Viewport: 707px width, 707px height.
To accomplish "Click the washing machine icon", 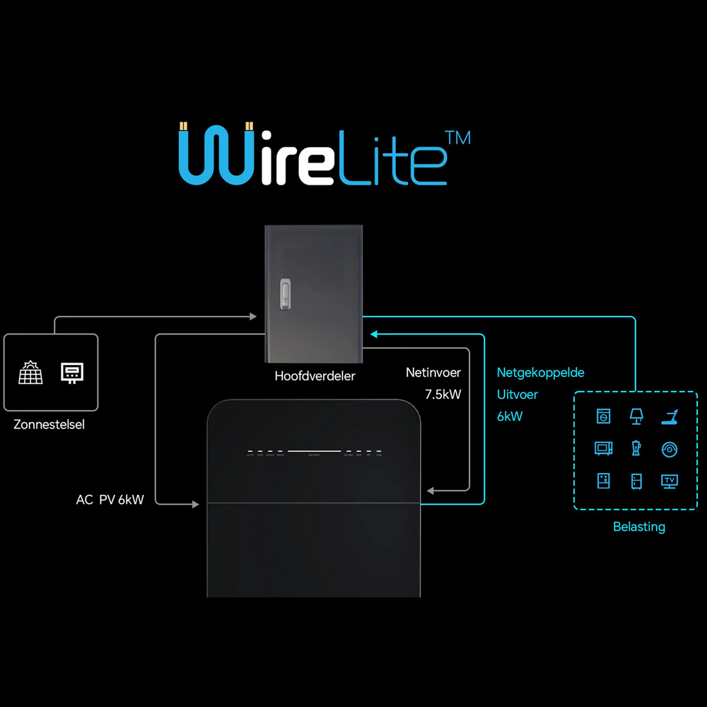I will (603, 416).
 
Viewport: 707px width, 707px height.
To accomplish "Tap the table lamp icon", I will (636, 416).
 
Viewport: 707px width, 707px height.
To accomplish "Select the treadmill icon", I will (670, 416).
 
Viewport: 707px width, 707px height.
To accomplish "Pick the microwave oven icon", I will (603, 449).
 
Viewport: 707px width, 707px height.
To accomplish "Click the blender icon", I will (636, 449).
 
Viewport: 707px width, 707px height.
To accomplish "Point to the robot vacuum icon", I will (670, 449).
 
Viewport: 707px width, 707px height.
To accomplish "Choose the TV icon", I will (670, 481).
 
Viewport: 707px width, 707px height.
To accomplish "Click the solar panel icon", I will (31, 373).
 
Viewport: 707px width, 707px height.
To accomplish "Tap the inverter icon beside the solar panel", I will (72, 373).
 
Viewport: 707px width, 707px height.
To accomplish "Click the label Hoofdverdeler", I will (315, 376).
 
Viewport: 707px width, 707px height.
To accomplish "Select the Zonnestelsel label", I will (49, 425).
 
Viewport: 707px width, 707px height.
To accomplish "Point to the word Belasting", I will (638, 527).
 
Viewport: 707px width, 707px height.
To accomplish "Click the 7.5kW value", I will (443, 395).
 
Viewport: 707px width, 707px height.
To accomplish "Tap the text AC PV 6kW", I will (110, 500).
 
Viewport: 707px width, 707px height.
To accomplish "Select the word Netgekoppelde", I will (540, 373).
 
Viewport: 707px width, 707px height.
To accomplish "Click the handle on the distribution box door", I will (285, 295).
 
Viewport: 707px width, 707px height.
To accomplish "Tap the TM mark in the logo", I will (460, 137).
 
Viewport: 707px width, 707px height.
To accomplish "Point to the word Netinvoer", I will (433, 373).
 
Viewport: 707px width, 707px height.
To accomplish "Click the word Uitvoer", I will (517, 395).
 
